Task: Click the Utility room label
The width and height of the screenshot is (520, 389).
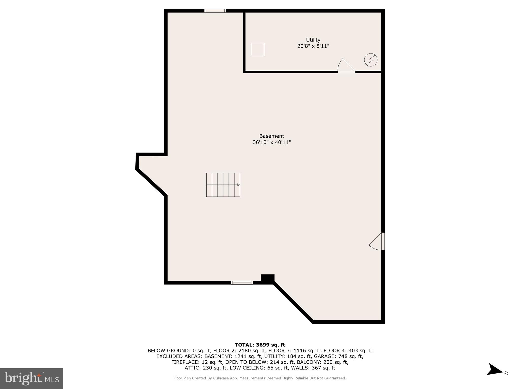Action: point(313,40)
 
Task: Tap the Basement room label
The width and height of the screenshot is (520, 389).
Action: point(271,136)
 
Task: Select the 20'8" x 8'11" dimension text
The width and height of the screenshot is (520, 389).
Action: point(313,46)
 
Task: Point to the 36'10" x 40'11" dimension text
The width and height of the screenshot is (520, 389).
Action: point(271,142)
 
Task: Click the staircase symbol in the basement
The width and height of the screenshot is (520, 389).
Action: point(223,185)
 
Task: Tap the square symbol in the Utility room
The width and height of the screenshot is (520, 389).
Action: point(257,49)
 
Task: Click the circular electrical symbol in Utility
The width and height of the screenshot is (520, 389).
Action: point(370,60)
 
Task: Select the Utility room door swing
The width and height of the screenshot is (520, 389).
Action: point(346,66)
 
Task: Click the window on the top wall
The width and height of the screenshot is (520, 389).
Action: point(215,11)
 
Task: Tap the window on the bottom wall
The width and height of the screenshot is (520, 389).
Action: point(242,283)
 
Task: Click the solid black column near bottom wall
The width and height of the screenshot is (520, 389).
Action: point(268,278)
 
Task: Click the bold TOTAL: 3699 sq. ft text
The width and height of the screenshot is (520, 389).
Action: point(260,345)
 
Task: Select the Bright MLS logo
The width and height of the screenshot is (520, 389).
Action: point(31,378)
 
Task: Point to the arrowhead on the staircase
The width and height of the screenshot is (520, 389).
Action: point(238,185)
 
